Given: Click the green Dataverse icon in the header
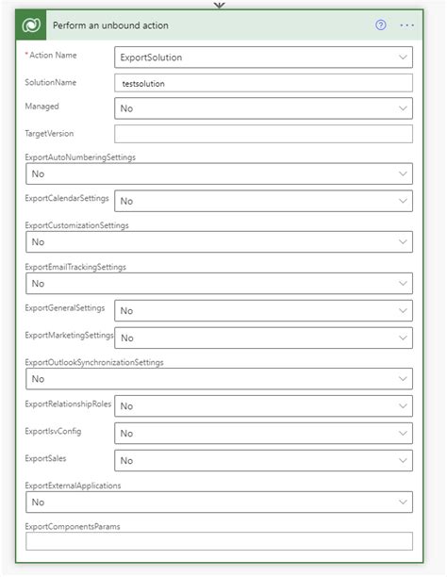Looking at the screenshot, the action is [33, 25].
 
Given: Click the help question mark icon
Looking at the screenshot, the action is [381, 25].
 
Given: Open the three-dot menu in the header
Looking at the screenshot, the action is [407, 25].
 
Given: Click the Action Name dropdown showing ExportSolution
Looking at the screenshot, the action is [263, 58].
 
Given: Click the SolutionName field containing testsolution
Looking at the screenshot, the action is [263, 83].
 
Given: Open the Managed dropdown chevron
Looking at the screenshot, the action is [403, 108].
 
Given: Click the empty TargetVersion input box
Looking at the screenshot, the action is [263, 134].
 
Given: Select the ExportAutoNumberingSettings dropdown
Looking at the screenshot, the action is [218, 173].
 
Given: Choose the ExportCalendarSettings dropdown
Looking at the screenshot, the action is [263, 201].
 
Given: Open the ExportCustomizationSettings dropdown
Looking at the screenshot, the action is [218, 242].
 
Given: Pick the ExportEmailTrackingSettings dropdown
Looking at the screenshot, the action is [218, 283].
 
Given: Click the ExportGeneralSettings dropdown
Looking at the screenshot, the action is [263, 310].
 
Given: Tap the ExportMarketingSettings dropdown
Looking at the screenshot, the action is [263, 338].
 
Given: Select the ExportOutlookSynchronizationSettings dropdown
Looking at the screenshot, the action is [218, 378].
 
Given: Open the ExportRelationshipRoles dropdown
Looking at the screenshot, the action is [263, 405].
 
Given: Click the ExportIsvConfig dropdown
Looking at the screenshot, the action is [263, 433].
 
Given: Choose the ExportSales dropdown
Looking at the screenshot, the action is [263, 460].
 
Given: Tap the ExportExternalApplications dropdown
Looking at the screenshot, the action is [218, 502].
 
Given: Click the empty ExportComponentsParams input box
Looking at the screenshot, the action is [218, 541].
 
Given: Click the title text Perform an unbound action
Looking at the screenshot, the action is [110, 25].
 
